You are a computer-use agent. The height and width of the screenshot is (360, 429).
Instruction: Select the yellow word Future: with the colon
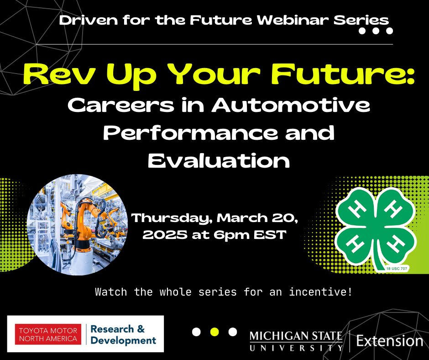click(x=343, y=74)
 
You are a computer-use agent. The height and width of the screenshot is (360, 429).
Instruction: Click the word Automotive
click(x=291, y=105)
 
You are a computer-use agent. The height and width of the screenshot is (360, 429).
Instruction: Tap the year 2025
click(x=165, y=235)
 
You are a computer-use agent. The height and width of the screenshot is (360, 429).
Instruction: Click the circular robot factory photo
click(x=78, y=225)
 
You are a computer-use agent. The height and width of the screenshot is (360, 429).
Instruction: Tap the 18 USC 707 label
click(x=397, y=269)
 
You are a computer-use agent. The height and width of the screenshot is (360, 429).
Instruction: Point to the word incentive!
click(x=321, y=292)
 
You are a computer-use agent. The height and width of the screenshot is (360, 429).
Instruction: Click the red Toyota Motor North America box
click(x=48, y=334)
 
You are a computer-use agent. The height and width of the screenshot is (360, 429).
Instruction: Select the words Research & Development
click(x=123, y=334)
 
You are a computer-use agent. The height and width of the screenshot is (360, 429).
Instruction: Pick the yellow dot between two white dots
click(x=215, y=332)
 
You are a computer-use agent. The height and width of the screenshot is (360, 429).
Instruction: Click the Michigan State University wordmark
click(x=296, y=341)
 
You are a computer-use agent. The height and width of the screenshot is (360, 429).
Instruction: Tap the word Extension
click(x=390, y=341)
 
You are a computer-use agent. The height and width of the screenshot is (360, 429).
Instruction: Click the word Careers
click(x=121, y=105)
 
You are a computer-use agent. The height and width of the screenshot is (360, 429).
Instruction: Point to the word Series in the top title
click(x=361, y=20)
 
